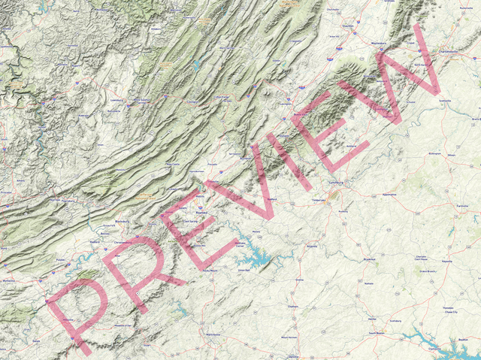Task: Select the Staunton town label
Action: pyautogui.click(x=347, y=27)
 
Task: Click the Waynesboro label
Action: pyautogui.click(x=383, y=43)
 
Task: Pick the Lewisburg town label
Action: pyautogui.click(x=116, y=99)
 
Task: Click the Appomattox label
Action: pyautogui.click(x=389, y=194)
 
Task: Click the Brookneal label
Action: pyautogui.click(x=369, y=259)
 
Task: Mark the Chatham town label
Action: pyautogui.click(x=293, y=307)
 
